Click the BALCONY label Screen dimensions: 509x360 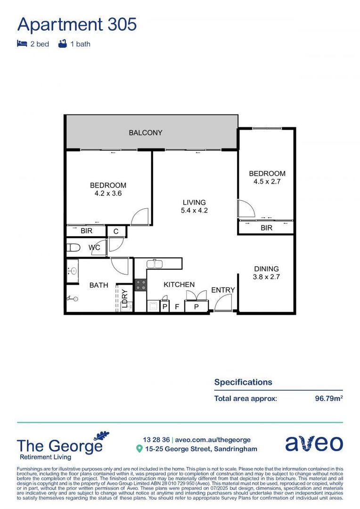pos(146,133)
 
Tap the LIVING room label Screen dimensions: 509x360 pos(195,203)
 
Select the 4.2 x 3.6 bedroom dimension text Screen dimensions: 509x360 pos(108,193)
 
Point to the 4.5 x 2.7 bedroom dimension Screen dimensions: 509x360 pos(267,181)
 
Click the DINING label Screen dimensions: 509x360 pos(267,269)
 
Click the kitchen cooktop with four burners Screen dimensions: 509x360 pos(140,285)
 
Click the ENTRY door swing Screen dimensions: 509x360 pos(222,304)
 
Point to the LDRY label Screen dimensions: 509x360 pos(124,298)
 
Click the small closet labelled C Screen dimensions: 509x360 pos(116,231)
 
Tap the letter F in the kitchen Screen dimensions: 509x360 pos(177,307)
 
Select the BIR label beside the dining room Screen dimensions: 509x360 pos(267,228)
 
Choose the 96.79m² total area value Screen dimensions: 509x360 pos(328,398)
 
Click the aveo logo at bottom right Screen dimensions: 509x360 pos(314,443)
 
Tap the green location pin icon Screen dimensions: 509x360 pos(139,449)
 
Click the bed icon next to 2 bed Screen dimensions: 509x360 pos(22,44)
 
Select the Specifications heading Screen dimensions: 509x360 pos(243,382)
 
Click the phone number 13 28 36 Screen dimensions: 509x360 pos(156,440)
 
